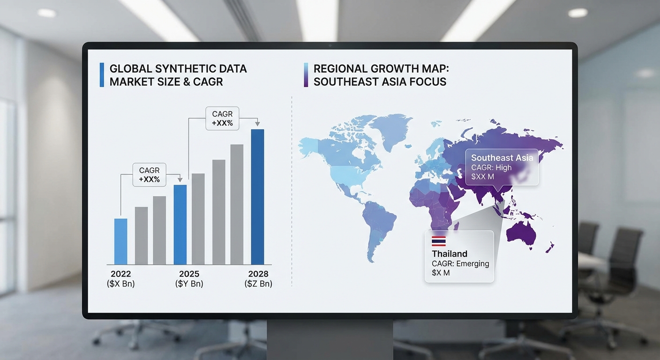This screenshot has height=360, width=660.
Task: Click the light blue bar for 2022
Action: click(120, 241)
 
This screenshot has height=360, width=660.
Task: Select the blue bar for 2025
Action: click(180, 225)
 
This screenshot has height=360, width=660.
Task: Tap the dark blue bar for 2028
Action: click(257, 197)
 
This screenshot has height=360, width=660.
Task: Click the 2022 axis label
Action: click(121, 274)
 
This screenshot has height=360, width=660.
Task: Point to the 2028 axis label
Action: click(258, 274)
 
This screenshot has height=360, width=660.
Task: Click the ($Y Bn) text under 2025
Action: click(189, 284)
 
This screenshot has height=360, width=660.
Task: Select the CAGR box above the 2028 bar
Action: click(222, 119)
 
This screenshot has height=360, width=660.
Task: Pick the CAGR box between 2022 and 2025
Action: click(150, 175)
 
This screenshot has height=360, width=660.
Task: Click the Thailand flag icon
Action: click(439, 241)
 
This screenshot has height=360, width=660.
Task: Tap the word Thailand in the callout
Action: click(450, 254)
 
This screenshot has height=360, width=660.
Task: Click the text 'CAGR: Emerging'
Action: click(460, 263)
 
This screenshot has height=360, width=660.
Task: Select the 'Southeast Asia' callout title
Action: click(502, 158)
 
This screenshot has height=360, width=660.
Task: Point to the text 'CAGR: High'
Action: click(491, 168)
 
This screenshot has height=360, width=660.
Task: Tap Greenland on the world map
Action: click(390, 130)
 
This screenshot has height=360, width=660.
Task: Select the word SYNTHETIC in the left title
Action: click(185, 68)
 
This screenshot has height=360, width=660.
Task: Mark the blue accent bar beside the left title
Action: click(102, 75)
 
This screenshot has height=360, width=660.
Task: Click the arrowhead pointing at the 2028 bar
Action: click(257, 123)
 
